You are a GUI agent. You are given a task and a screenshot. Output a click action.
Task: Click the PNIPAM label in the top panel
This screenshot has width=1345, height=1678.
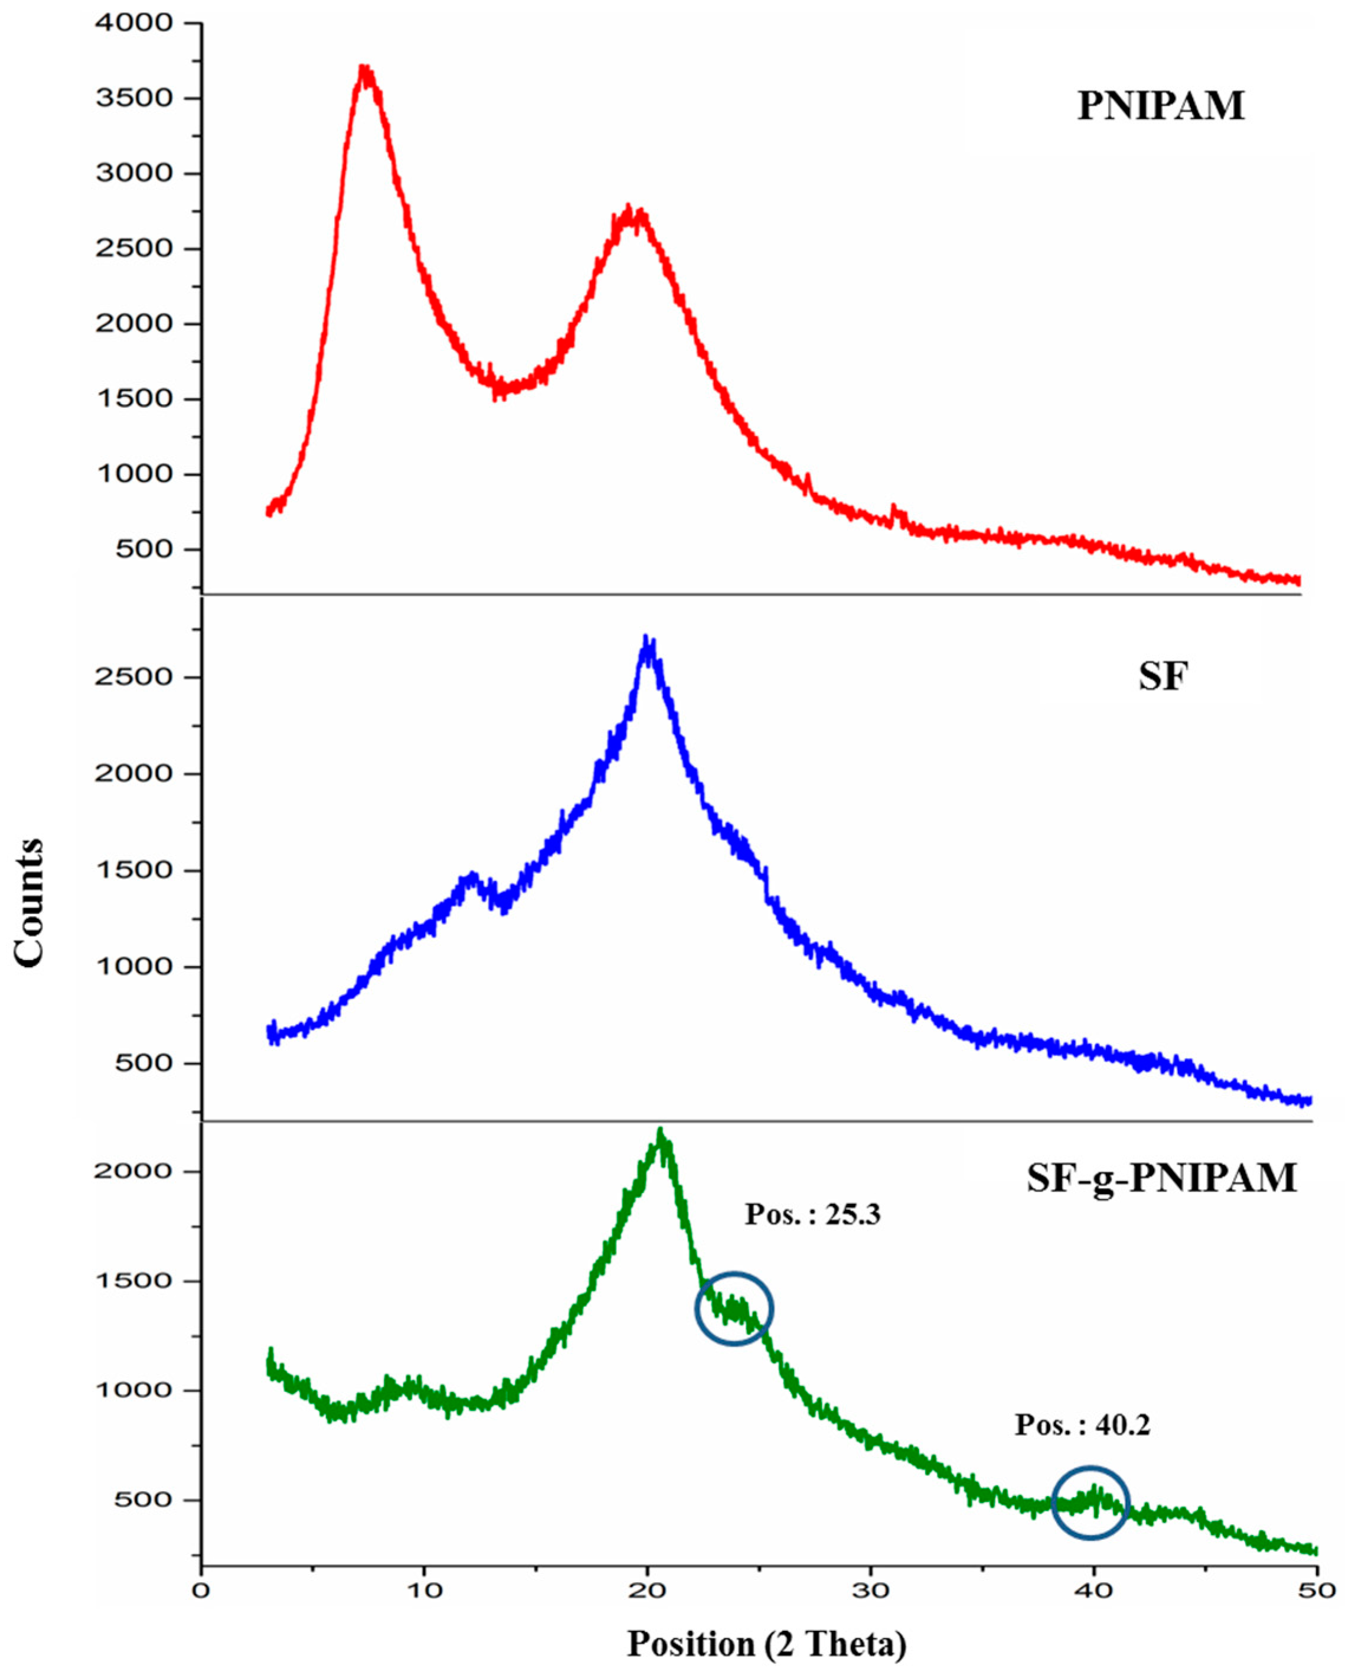coord(1161,106)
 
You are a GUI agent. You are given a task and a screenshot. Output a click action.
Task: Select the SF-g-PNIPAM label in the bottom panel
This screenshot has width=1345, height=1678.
coord(1161,1177)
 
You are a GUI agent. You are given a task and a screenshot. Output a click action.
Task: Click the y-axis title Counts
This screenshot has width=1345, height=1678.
coord(30,903)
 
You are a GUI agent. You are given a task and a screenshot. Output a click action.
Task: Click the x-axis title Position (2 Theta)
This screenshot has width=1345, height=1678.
coord(767,1644)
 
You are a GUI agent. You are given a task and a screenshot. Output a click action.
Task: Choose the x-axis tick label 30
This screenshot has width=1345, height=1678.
coord(870,1590)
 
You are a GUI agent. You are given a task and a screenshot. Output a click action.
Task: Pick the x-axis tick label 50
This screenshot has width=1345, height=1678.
coord(1315,1590)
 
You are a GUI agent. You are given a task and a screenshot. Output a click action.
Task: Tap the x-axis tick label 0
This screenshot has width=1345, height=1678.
coord(201,1590)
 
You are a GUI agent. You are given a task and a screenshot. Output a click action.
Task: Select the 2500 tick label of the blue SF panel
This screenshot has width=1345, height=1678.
coord(134,677)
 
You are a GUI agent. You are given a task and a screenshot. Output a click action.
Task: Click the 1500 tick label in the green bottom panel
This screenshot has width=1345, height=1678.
coord(134,1281)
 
